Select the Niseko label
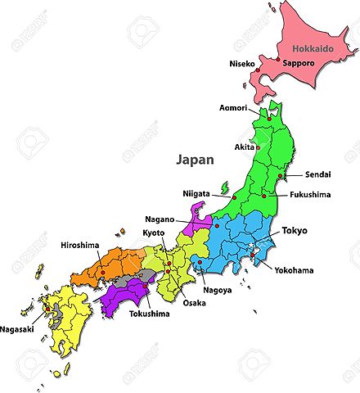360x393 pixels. (241, 62)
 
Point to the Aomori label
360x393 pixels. (235, 107)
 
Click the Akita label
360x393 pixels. (244, 147)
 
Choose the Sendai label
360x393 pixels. (318, 175)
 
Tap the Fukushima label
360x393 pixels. (310, 195)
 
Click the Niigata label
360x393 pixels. (196, 193)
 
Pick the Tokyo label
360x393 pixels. (295, 231)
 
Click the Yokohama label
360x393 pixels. (294, 269)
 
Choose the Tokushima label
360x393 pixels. (148, 313)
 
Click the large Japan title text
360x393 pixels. (195, 160)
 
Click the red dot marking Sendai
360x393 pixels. (280, 176)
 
